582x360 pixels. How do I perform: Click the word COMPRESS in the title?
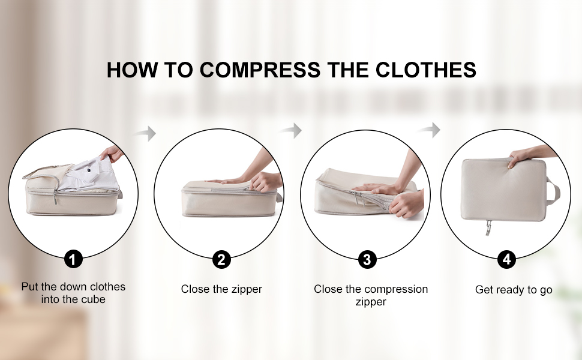tap(260, 70)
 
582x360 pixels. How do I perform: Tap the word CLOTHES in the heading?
tap(426, 70)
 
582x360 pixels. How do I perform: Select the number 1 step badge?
tap(73, 259)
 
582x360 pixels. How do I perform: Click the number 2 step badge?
tap(221, 259)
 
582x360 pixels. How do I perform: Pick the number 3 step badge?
tap(367, 259)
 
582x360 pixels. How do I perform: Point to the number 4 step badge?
tap(506, 259)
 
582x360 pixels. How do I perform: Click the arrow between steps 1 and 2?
tap(145, 133)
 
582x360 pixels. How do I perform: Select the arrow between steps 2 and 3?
tap(290, 130)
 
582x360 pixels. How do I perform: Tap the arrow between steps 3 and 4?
tap(430, 130)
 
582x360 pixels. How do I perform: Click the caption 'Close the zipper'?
tap(221, 289)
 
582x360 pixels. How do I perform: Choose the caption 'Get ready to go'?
tap(514, 289)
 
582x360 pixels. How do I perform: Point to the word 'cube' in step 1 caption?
tap(94, 299)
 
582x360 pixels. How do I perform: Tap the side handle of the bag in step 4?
tap(553, 191)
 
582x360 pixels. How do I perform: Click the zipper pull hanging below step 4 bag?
tap(488, 228)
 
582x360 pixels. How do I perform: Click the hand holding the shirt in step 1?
tap(112, 153)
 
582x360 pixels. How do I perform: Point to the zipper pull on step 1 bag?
tap(55, 197)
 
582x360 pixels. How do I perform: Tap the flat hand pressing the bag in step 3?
tap(375, 188)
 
